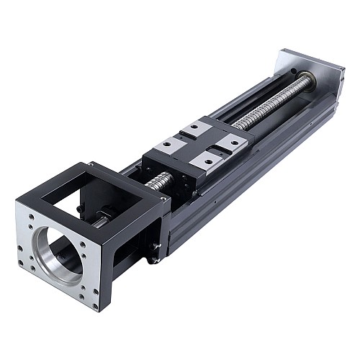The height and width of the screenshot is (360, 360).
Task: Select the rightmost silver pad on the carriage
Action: click(x=232, y=143)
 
